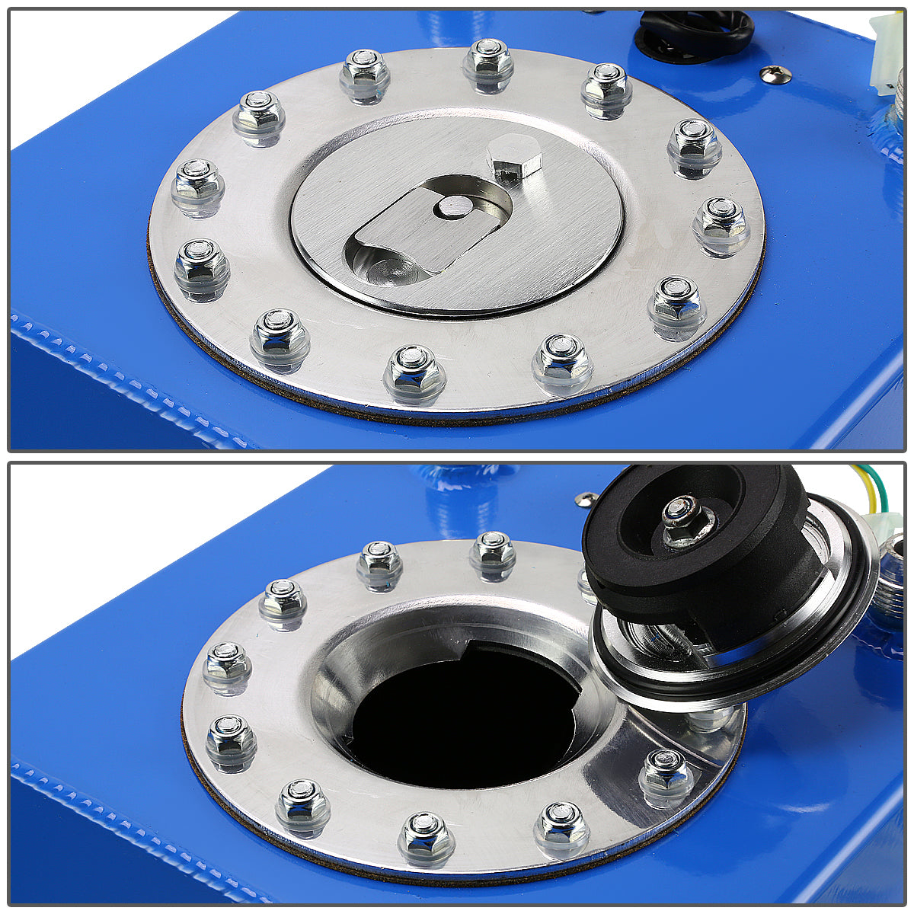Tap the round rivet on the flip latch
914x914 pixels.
point(455,206)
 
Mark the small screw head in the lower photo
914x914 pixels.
point(586,499)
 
